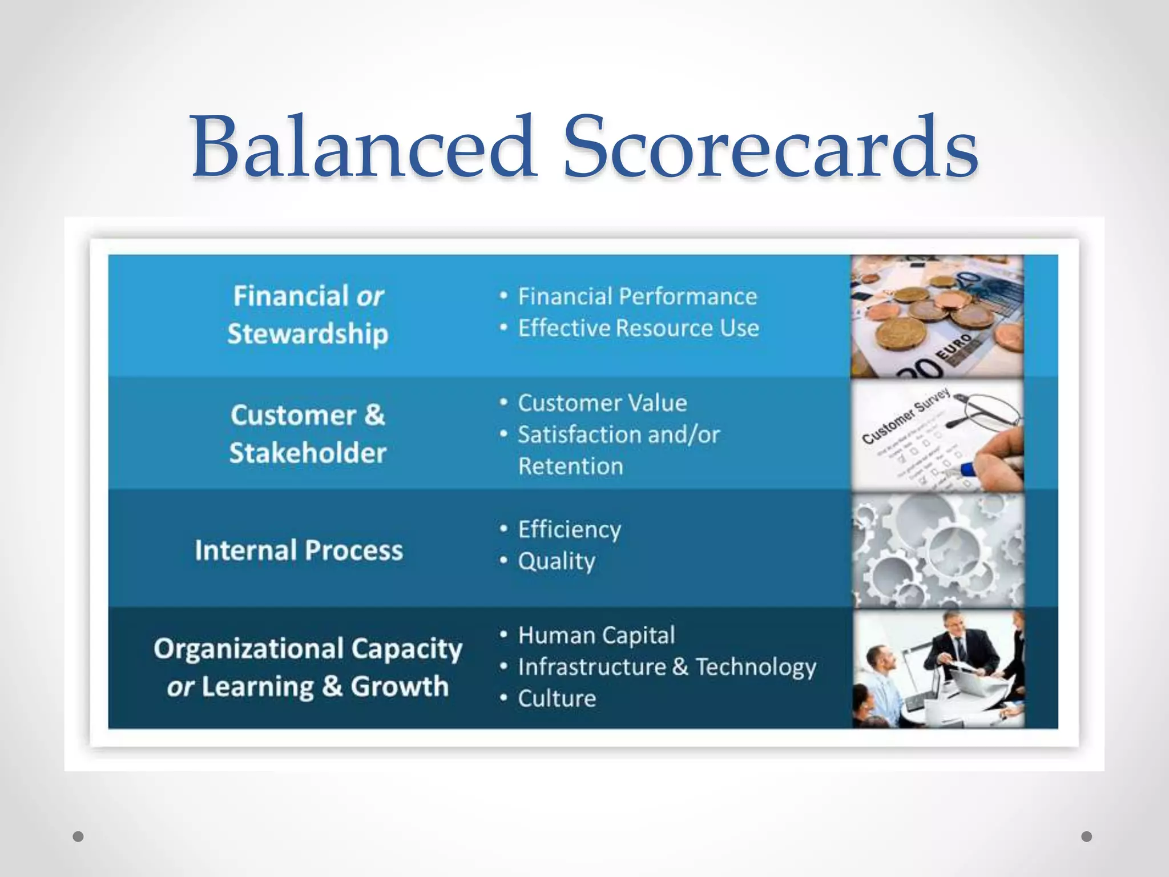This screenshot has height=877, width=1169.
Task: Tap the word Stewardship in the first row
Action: (x=308, y=333)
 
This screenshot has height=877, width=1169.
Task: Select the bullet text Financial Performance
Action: (x=637, y=296)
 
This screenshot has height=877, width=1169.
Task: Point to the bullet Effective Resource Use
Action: (x=638, y=328)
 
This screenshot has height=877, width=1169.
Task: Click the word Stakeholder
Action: (x=308, y=453)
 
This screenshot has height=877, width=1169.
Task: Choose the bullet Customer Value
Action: (x=602, y=403)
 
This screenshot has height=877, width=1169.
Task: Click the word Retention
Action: (x=570, y=466)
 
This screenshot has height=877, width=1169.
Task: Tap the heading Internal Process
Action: (x=299, y=550)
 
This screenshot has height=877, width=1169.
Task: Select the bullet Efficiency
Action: (x=569, y=530)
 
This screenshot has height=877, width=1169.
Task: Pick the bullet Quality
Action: (x=557, y=561)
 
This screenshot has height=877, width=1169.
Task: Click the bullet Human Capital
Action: (x=596, y=635)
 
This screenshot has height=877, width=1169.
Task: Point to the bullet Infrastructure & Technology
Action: (x=667, y=667)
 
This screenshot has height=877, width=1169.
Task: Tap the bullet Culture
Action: (x=557, y=699)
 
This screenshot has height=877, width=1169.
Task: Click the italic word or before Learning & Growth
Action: (x=180, y=687)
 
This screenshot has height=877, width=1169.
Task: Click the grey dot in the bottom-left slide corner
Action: (x=79, y=836)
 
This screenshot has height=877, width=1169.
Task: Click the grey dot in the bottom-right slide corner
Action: (x=1086, y=836)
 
